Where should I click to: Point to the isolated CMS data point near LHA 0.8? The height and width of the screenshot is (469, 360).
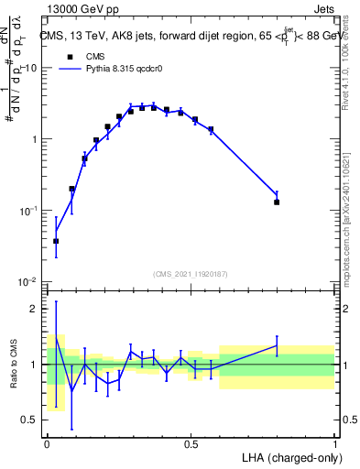277,202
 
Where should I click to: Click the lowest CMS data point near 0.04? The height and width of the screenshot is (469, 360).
56,241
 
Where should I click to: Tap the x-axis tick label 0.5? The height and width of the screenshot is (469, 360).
191,442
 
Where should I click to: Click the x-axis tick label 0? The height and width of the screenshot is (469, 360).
47,442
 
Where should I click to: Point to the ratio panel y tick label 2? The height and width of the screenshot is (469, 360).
36,309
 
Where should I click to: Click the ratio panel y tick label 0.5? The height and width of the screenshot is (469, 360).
31,420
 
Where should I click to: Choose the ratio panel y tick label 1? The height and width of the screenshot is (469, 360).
36,365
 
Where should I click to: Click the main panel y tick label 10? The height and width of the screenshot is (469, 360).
31,69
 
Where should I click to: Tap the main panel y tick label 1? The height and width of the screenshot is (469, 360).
36,139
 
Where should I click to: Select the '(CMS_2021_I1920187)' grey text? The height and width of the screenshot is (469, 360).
191,274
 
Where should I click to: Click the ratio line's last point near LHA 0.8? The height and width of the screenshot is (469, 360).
277,345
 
